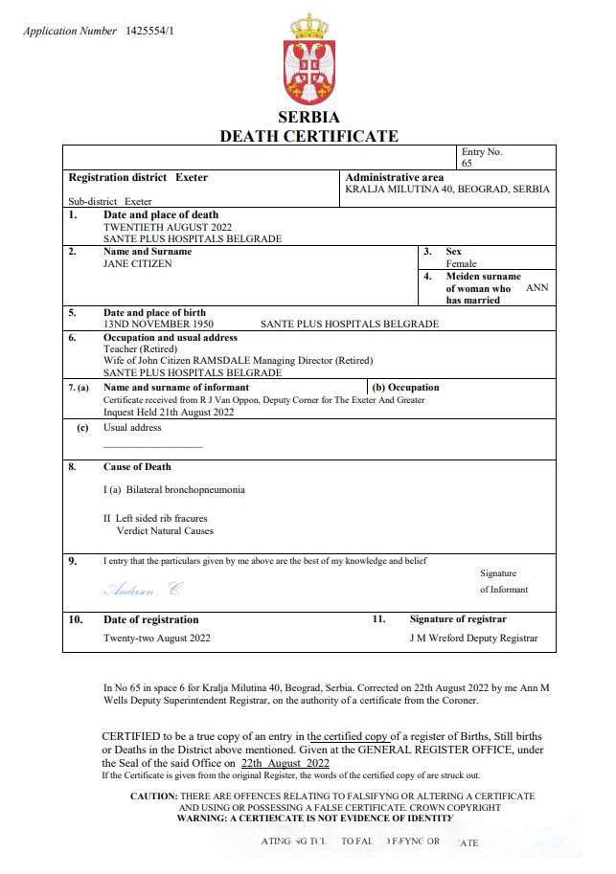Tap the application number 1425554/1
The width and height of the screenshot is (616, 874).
pyautogui.click(x=150, y=31)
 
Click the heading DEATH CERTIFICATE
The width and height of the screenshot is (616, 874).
pyautogui.click(x=308, y=136)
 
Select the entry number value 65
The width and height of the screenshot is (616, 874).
pyautogui.click(x=467, y=164)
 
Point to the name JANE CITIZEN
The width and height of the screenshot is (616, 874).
pyautogui.click(x=138, y=263)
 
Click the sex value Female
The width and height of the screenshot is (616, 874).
pyautogui.click(x=461, y=263)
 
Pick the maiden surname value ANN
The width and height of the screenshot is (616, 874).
pyautogui.click(x=537, y=287)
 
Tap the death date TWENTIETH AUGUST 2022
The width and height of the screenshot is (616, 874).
pyautogui.click(x=168, y=227)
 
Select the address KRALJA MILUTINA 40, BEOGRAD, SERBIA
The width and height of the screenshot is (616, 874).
pyautogui.click(x=447, y=189)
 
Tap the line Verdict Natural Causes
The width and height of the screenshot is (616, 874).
pyautogui.click(x=165, y=530)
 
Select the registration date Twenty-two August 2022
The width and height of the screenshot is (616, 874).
pyautogui.click(x=157, y=638)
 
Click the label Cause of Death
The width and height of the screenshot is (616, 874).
pyautogui.click(x=137, y=466)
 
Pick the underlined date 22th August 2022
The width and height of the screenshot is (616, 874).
pyautogui.click(x=285, y=763)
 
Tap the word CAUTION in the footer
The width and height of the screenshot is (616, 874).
pyautogui.click(x=153, y=796)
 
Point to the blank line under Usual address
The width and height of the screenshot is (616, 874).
pyautogui.click(x=152, y=446)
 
